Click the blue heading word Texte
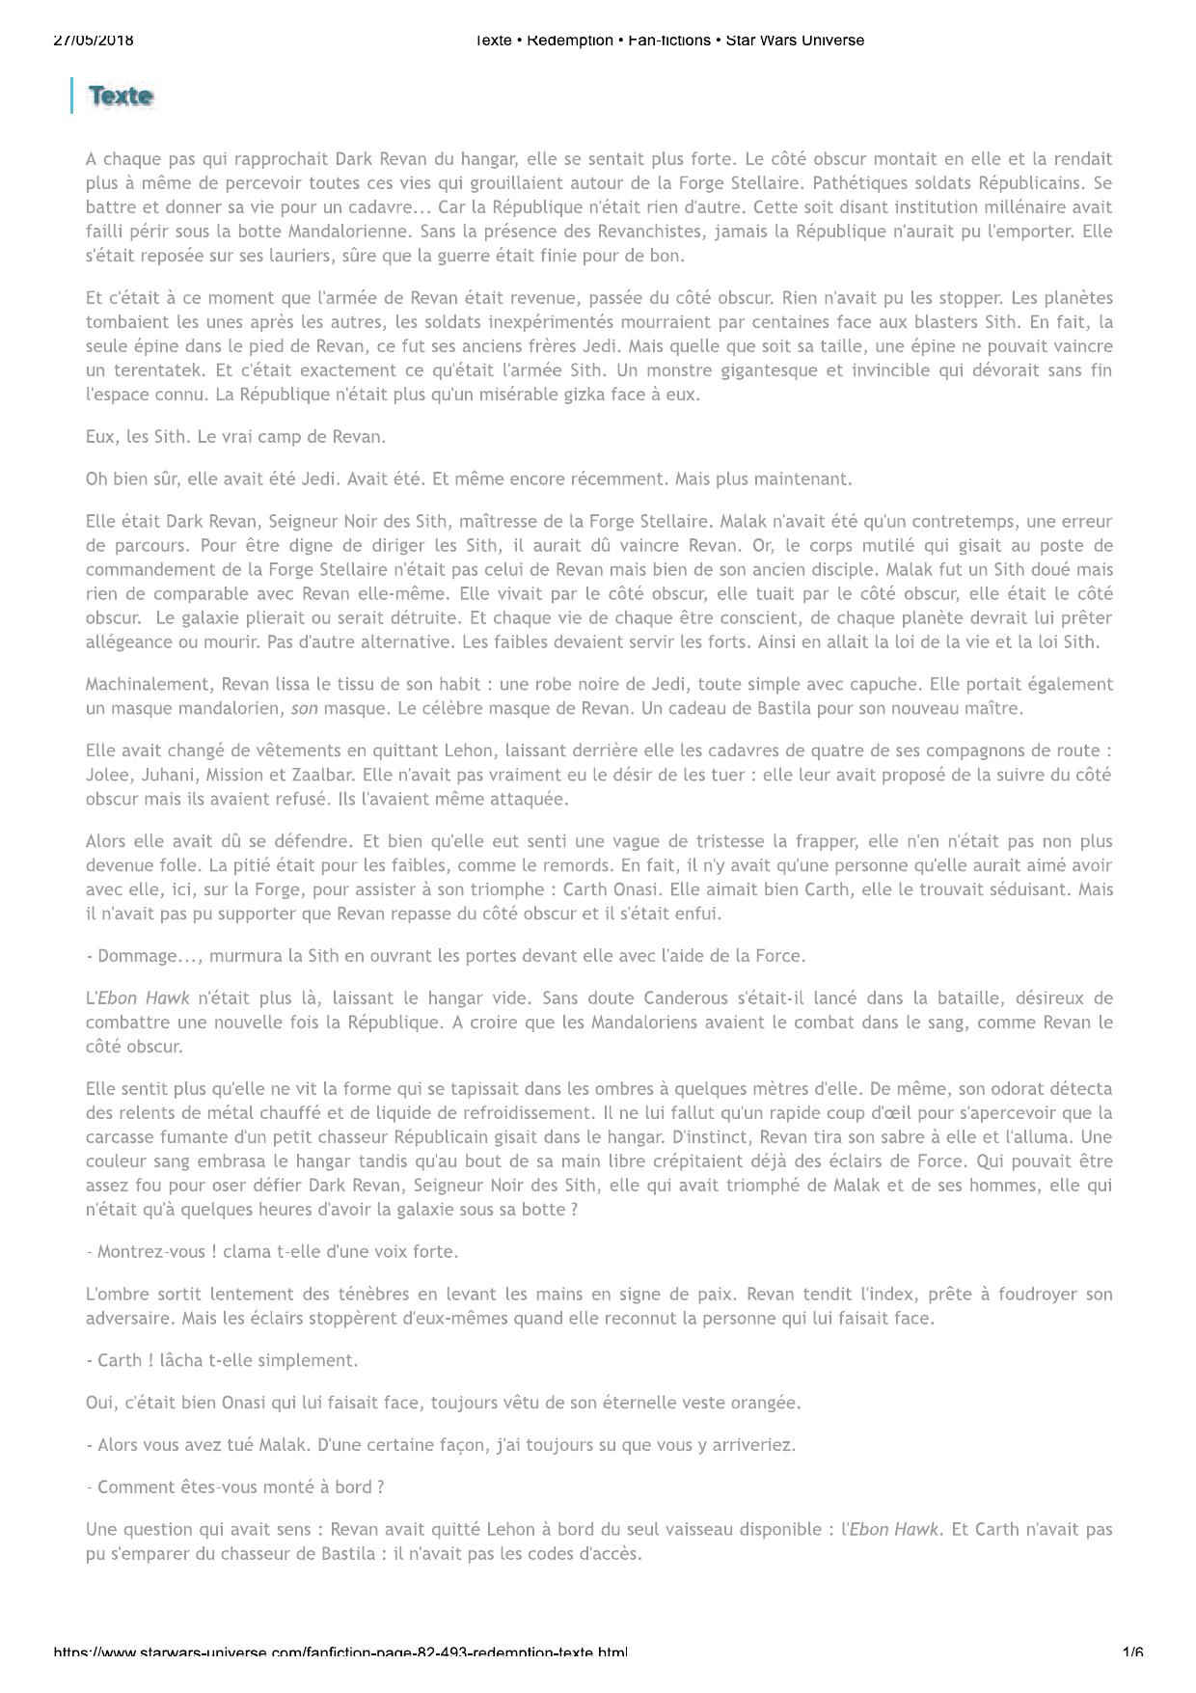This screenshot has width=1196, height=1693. tap(121, 96)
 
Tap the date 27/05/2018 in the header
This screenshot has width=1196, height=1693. tap(94, 41)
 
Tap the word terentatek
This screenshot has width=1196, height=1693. tap(156, 370)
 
